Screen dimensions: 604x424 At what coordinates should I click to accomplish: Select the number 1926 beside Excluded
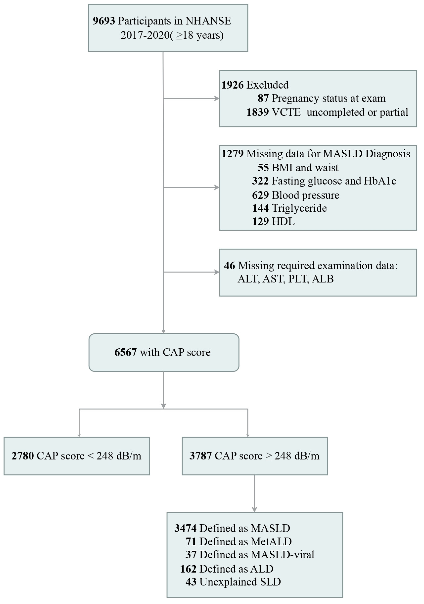coord(233,85)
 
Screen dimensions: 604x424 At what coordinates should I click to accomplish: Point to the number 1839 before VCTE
coord(258,112)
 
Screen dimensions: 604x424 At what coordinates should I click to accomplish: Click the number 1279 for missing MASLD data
coord(233,154)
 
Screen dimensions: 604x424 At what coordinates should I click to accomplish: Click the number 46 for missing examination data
coord(230,266)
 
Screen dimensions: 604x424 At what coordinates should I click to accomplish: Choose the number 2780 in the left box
coord(23,456)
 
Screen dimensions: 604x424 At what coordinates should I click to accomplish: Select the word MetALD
coord(271,542)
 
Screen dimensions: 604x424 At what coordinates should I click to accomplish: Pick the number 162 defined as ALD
coord(188,569)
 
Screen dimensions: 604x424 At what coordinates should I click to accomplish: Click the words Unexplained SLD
coord(240,582)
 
